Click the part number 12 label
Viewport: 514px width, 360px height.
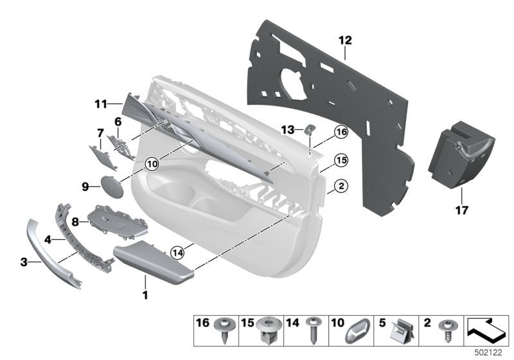click(345, 40)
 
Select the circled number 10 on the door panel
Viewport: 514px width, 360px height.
click(152, 164)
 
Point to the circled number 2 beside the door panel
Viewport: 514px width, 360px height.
click(341, 186)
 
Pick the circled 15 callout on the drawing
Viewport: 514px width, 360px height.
click(341, 159)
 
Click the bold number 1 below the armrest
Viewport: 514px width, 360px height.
click(145, 296)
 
